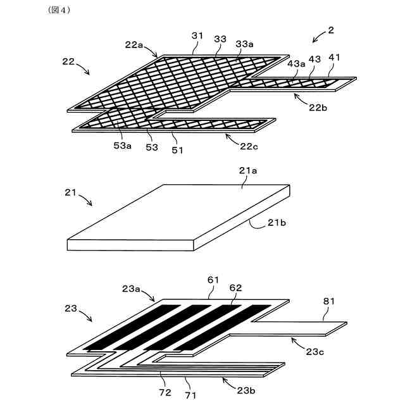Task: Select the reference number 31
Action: [x=197, y=37]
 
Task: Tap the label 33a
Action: [x=245, y=44]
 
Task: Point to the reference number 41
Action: [x=334, y=58]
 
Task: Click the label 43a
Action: [x=296, y=63]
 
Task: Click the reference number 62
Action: [x=235, y=287]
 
